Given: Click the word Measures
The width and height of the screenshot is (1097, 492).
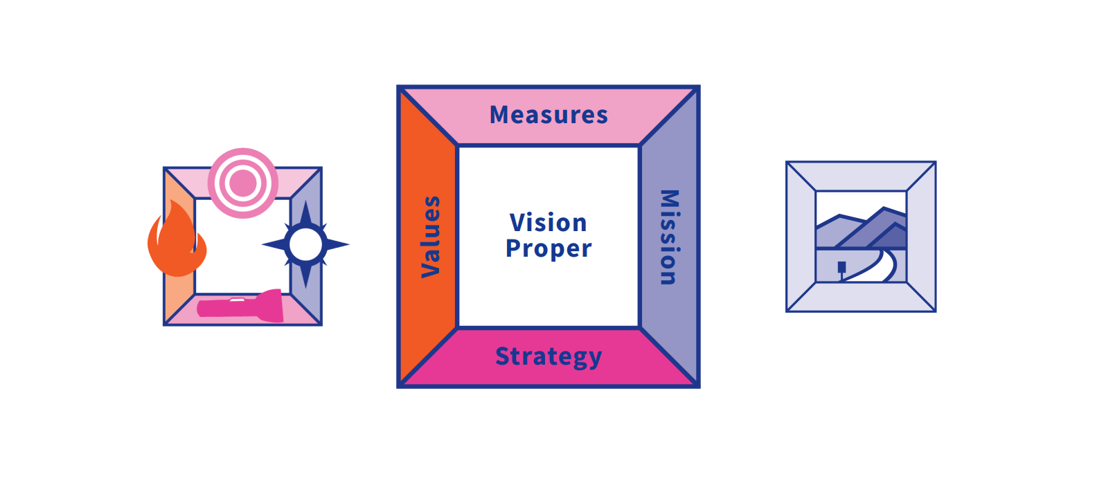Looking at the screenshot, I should click(x=548, y=115).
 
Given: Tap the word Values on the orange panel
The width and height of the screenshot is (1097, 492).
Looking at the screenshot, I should click(x=431, y=237).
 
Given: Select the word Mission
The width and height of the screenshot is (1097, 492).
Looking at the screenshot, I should click(x=668, y=237).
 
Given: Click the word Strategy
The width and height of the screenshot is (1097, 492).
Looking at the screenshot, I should click(x=548, y=356).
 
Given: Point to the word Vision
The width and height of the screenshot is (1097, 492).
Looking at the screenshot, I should click(x=548, y=223).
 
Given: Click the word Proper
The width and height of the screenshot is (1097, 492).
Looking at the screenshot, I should click(x=548, y=248).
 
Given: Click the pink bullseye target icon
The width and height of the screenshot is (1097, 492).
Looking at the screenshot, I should click(x=243, y=183).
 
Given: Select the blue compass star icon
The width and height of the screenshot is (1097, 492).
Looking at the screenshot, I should click(x=305, y=244).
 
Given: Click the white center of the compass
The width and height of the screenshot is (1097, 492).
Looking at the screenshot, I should click(x=305, y=244).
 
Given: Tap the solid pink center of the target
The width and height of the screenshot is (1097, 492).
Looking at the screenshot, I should click(x=243, y=183).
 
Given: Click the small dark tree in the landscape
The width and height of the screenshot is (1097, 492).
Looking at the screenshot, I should click(x=841, y=267).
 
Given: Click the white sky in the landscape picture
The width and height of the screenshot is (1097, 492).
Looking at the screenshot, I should click(x=859, y=204).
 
